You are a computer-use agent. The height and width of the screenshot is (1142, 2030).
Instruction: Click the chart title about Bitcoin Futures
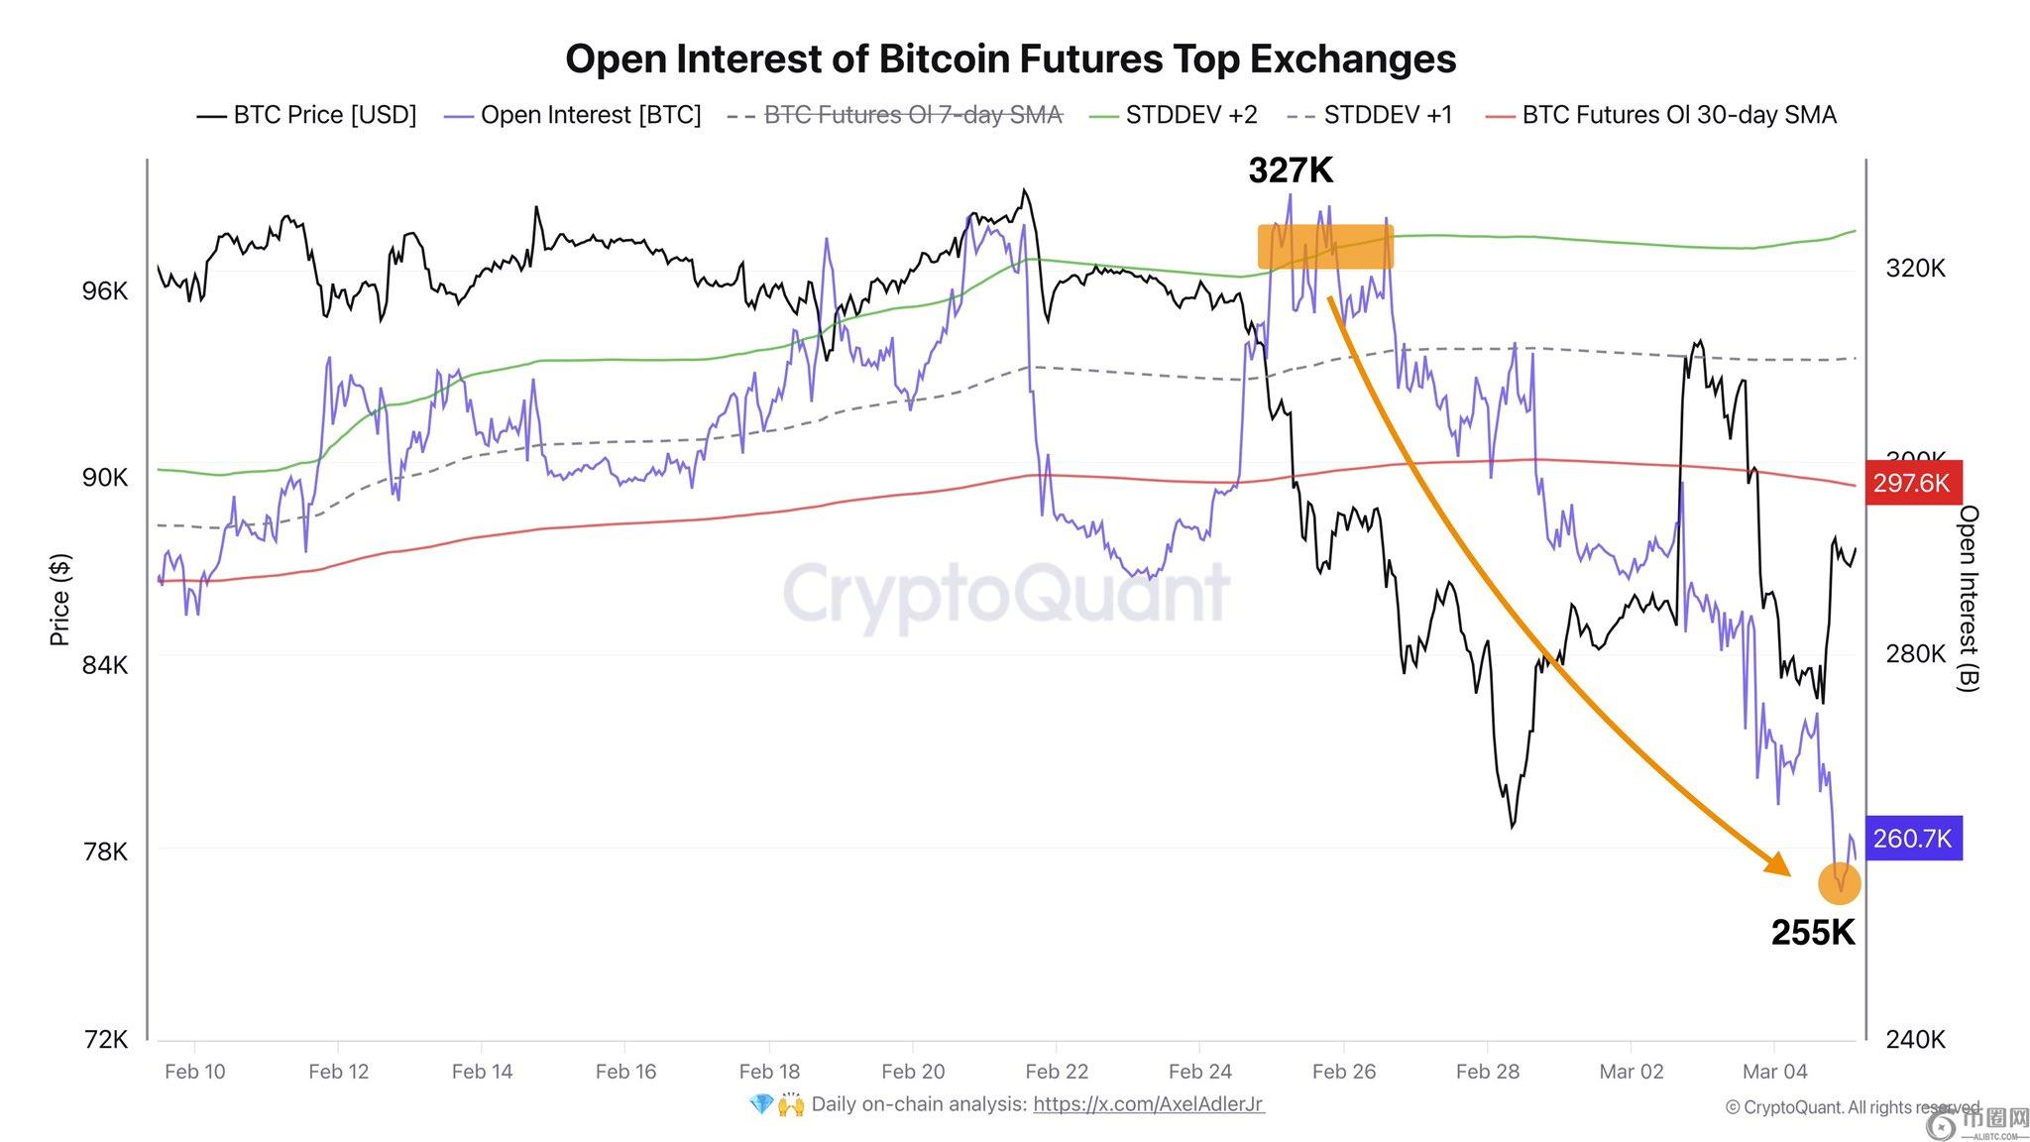1010,58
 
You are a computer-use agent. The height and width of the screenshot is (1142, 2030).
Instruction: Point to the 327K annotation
1291,171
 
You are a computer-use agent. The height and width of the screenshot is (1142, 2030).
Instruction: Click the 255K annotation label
1812,933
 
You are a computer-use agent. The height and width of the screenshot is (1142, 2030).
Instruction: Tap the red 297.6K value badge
1910,483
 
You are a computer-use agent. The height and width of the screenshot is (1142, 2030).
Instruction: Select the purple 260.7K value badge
1911,839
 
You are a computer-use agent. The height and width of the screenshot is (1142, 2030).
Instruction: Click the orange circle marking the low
1839,882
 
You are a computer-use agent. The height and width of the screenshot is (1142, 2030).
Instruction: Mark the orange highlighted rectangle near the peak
1325,247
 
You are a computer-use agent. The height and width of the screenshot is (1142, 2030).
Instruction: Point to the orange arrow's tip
1787,873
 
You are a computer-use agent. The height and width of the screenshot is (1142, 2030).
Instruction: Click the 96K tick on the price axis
105,291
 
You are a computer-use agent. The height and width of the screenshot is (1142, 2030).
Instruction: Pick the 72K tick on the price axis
105,1039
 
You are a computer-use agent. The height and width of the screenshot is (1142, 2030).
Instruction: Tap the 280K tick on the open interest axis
1915,654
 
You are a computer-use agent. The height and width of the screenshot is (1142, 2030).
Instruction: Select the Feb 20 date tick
913,1072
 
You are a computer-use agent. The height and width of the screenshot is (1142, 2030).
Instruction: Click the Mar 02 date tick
1631,1072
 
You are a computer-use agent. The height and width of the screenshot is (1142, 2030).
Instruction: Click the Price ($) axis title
60,601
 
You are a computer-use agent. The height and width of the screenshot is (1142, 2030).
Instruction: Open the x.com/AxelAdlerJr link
1148,1104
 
